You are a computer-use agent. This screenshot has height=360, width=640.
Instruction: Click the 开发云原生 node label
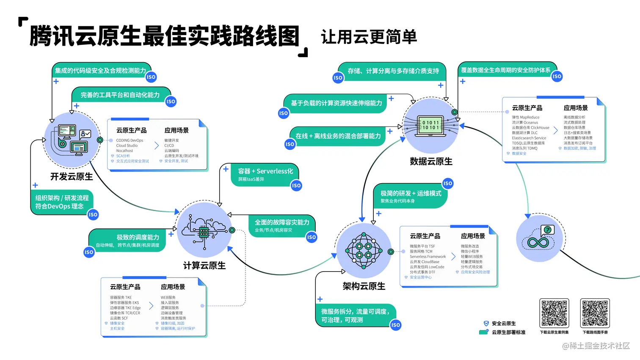point(72,176)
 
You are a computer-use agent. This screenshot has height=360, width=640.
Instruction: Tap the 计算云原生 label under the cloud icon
point(204,265)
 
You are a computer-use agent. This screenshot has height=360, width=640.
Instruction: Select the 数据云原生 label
point(431,161)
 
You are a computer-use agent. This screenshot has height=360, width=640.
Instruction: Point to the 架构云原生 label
point(364,286)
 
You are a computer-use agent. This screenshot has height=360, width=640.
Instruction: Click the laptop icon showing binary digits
point(431,126)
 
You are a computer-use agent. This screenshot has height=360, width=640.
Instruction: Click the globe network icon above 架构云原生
point(363,251)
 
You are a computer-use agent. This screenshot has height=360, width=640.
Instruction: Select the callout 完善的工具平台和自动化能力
point(120,95)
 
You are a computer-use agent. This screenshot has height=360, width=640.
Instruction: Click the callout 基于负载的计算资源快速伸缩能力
point(336,103)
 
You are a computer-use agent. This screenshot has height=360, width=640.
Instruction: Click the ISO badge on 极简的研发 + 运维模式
point(447,183)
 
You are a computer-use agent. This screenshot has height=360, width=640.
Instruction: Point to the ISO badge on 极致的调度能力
point(89,252)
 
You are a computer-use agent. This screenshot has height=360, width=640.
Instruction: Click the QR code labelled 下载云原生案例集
point(554,313)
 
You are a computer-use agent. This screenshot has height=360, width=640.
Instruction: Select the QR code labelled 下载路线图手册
point(595,313)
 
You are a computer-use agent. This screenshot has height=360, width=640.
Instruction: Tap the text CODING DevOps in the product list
point(130,140)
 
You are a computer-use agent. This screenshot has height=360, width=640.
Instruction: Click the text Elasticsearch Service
point(529,138)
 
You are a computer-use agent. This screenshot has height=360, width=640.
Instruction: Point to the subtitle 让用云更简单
point(369,37)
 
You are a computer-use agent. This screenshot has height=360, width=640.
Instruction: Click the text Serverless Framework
point(428,257)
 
